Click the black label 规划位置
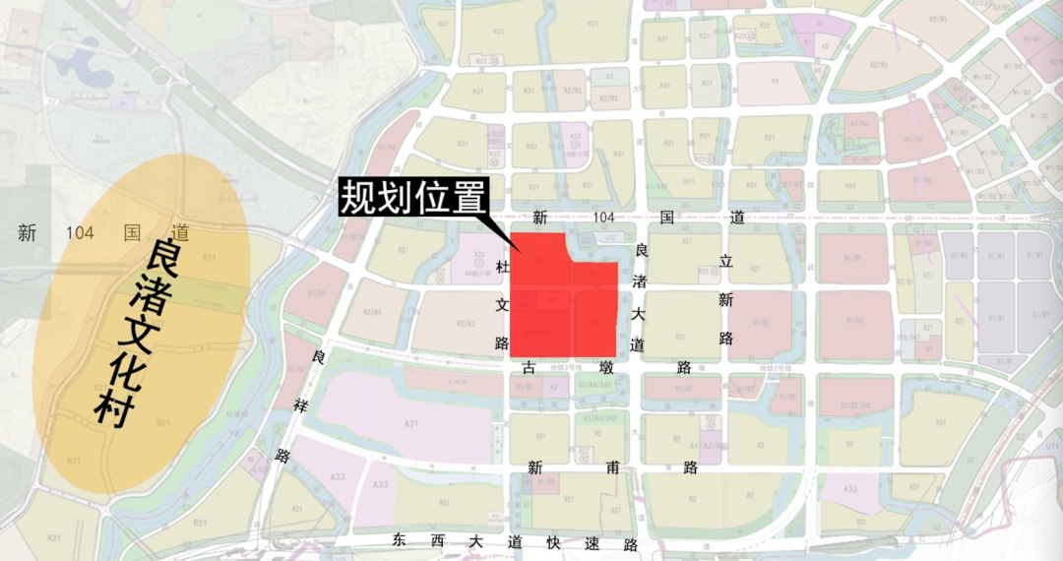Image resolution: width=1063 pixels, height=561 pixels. (x=413, y=199)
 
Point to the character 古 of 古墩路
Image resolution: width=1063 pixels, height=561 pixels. (x=530, y=367)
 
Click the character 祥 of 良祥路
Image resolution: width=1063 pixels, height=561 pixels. (x=295, y=405)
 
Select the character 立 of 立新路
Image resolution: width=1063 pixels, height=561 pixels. (x=726, y=262)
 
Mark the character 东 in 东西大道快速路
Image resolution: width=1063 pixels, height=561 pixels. (x=399, y=541)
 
